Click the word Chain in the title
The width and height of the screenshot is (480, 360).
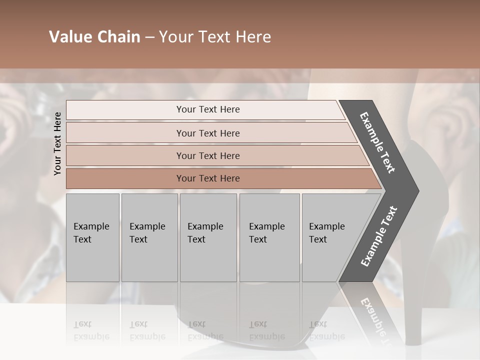(x=118, y=37)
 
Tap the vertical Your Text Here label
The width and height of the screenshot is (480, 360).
(x=57, y=143)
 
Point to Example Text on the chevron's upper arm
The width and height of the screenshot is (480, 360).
(x=377, y=142)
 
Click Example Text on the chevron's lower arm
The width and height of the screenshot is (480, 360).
(x=379, y=236)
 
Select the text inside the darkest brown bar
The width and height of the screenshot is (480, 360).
(x=208, y=178)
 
